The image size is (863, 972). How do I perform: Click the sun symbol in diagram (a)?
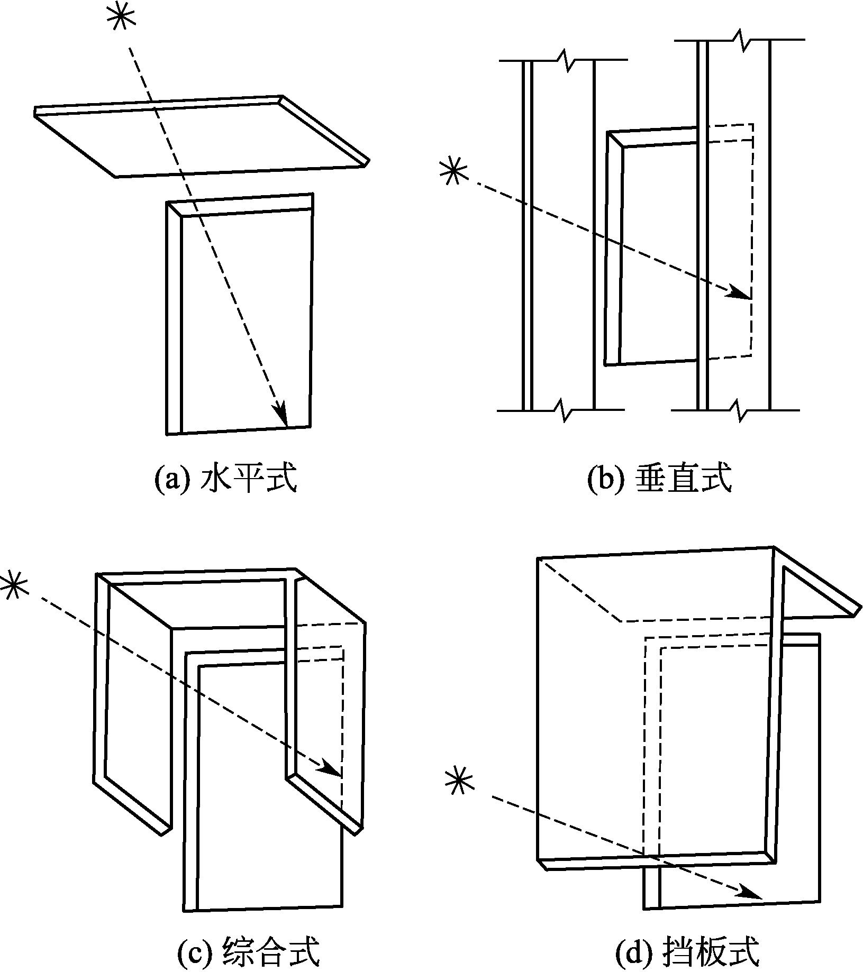[x=121, y=18]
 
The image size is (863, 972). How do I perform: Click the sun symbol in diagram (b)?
[x=454, y=172]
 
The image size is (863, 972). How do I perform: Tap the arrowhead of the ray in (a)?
[x=281, y=413]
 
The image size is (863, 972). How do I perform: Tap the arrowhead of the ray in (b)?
[x=739, y=292]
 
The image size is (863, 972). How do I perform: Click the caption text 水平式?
[x=249, y=478]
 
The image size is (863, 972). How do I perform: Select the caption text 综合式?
[x=272, y=951]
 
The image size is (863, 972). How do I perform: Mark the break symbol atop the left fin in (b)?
[x=565, y=60]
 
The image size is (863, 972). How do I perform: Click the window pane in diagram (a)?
[x=246, y=317]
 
